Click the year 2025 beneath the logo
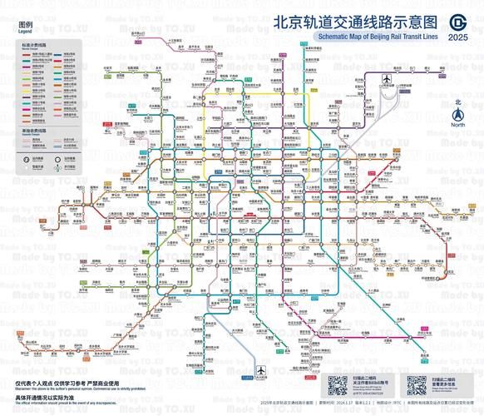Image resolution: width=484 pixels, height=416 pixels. point(457,37)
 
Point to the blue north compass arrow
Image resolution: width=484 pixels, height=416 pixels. point(457,114)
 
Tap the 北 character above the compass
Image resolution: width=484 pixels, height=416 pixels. point(457,103)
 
